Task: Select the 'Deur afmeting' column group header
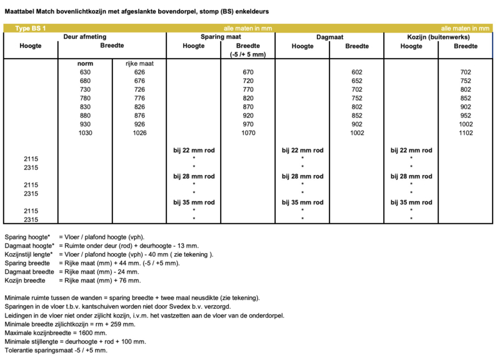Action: [85, 37]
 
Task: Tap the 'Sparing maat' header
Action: [221, 37]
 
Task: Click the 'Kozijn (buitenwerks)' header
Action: [439, 37]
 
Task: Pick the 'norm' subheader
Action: [85, 63]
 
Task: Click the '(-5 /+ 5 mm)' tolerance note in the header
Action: [248, 54]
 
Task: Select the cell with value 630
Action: [85, 72]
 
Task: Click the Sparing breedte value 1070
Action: [248, 134]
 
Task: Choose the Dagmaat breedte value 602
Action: [357, 72]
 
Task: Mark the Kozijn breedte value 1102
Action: [466, 134]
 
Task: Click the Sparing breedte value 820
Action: [248, 99]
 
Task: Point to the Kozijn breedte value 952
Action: [466, 116]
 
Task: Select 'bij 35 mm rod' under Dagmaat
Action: [302, 202]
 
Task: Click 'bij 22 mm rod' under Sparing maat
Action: [194, 150]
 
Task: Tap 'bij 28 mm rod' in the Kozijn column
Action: [411, 176]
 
